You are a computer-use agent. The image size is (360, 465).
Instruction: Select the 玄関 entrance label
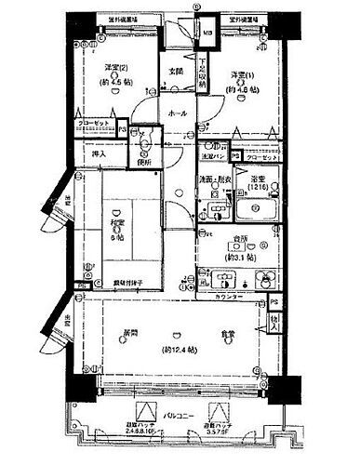(175, 71)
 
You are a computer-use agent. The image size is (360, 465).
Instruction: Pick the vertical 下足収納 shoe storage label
(203, 73)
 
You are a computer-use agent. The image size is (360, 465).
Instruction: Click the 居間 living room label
(121, 334)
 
